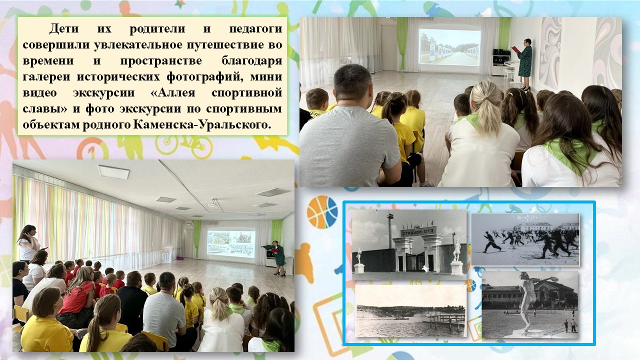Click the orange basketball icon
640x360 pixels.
322,211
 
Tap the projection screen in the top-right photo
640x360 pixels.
449,46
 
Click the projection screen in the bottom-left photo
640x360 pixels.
230,243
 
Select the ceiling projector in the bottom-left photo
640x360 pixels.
213,203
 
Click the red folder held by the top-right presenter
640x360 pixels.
515,49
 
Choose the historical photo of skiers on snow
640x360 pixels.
525,239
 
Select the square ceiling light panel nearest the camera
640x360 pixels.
114,171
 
